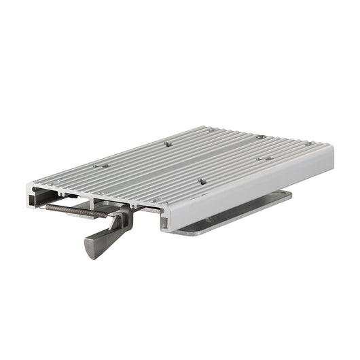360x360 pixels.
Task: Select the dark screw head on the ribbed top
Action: (261, 137)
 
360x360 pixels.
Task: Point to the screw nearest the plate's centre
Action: (202, 181)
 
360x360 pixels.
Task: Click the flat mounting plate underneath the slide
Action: (238, 215)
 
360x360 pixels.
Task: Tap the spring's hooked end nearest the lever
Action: (107, 215)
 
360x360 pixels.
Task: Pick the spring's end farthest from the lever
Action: (47, 206)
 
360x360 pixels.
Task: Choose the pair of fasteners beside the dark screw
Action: (266, 158)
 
